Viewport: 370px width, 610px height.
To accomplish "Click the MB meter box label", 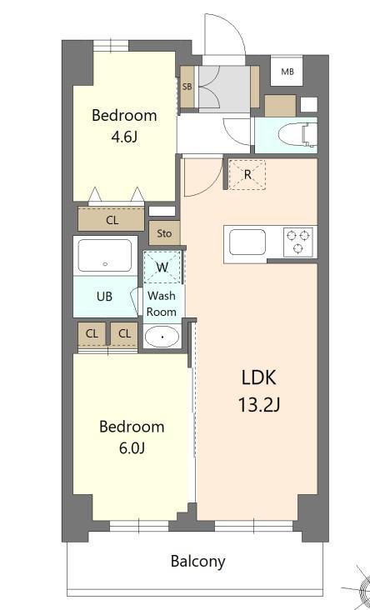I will point(287,72).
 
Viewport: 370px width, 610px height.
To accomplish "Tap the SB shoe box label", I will point(187,87).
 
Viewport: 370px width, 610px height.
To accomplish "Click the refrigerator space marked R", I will point(247,175).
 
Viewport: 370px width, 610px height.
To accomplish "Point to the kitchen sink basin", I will point(247,242).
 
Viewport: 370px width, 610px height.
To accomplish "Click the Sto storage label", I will point(164,233).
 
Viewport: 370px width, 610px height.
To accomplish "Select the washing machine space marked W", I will point(163,267).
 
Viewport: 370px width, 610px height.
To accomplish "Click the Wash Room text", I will point(162,303).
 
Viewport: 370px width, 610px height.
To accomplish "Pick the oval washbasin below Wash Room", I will point(161,337).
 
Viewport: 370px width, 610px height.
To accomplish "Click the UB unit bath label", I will point(104,297).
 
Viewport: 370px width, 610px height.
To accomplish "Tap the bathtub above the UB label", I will point(105,256).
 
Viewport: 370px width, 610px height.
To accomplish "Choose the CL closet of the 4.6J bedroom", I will point(112,220).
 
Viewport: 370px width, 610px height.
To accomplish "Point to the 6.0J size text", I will point(132,448).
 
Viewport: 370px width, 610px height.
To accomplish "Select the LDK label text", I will point(258,377).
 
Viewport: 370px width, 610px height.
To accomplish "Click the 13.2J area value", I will point(258,406).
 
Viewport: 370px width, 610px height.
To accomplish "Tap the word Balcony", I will point(197,561).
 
